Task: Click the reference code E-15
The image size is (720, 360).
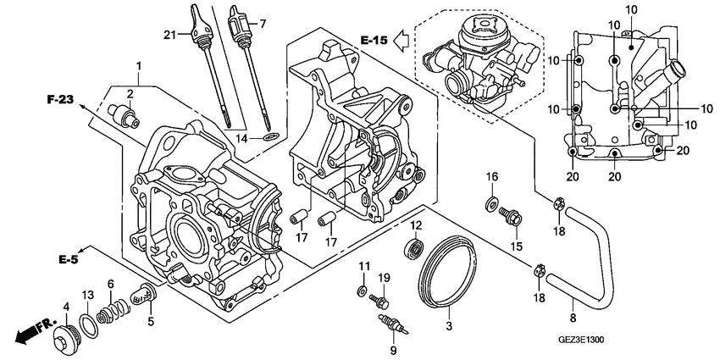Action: click(x=373, y=40)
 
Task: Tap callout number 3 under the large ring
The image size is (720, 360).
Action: click(x=449, y=324)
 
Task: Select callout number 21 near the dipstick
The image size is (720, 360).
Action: click(x=169, y=33)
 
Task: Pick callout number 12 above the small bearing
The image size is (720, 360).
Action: click(x=417, y=225)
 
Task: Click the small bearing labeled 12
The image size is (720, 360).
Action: click(x=415, y=247)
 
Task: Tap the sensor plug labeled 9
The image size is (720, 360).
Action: click(x=396, y=324)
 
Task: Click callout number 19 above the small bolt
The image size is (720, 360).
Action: click(x=384, y=277)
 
